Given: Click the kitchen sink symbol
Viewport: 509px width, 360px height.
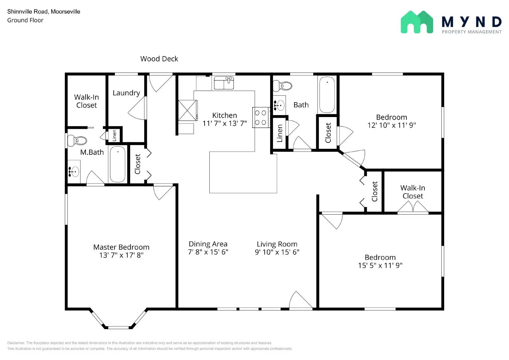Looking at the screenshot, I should [x=224, y=83].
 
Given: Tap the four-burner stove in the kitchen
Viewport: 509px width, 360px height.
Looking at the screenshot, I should [x=261, y=118].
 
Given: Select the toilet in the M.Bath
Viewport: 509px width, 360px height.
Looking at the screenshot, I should [x=77, y=140].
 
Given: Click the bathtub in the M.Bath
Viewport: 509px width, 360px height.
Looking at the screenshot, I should [x=117, y=164].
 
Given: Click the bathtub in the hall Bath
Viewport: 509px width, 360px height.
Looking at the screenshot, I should [x=327, y=94].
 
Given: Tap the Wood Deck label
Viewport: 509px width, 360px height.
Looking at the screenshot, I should [x=159, y=59].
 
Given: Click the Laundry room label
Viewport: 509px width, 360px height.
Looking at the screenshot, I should [x=126, y=93].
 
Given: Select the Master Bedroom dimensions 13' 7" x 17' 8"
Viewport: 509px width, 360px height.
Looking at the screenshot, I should [x=121, y=255].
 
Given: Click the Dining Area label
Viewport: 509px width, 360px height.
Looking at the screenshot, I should [x=208, y=244].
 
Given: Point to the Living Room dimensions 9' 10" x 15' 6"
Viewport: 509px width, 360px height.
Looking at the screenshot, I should [x=277, y=252].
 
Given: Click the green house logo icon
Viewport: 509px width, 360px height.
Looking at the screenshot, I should [x=416, y=22].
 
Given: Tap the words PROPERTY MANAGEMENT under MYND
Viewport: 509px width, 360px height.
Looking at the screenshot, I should [x=471, y=32].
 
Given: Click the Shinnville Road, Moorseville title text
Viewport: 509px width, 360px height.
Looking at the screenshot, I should [x=44, y=11].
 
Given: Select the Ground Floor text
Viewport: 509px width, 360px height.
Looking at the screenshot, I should [x=25, y=20].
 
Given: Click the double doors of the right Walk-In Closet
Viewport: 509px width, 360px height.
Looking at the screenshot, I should [x=413, y=207].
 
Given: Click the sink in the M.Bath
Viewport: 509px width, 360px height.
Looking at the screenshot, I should [x=74, y=172].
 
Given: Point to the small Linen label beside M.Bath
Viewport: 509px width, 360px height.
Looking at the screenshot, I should [x=115, y=135].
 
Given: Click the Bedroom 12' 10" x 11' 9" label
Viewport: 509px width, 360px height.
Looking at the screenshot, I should [x=391, y=121].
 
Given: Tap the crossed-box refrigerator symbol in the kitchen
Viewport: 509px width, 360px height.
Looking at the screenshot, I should [x=187, y=110].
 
